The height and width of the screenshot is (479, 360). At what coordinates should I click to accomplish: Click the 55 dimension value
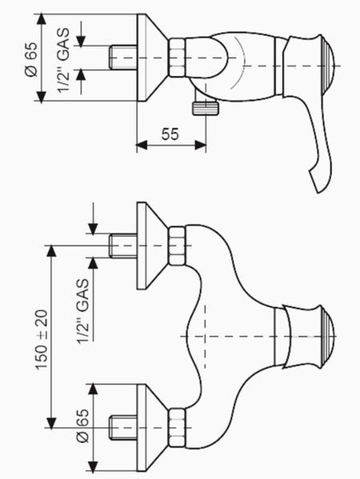[170, 134]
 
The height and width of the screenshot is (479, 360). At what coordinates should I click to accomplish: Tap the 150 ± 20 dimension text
[42, 340]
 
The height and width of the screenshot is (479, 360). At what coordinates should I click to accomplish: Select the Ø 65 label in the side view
[31, 59]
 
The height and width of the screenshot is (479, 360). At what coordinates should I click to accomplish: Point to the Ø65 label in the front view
[82, 425]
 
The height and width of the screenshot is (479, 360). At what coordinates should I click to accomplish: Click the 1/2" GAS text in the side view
[63, 60]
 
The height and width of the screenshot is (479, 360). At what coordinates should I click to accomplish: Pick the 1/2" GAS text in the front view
[83, 311]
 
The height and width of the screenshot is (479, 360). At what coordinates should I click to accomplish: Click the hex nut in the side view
[178, 58]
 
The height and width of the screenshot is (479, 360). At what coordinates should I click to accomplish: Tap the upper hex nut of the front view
[178, 245]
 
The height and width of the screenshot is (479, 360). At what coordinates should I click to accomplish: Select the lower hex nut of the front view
[178, 428]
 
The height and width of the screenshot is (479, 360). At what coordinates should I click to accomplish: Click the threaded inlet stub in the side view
[123, 58]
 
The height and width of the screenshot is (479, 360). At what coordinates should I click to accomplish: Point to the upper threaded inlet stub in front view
[123, 246]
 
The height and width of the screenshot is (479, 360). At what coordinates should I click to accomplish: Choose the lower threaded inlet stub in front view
[123, 428]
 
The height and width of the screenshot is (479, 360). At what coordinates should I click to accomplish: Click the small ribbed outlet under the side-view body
[206, 109]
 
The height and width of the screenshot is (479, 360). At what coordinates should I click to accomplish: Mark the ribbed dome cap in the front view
[327, 337]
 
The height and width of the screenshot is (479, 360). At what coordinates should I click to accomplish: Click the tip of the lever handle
[318, 192]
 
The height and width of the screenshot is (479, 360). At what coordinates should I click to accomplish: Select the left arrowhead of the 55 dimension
[141, 146]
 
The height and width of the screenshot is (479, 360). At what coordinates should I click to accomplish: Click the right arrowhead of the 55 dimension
[200, 146]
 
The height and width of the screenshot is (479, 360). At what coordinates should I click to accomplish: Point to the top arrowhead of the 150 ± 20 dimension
[51, 250]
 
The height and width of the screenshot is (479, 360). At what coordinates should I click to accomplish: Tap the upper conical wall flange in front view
[151, 245]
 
